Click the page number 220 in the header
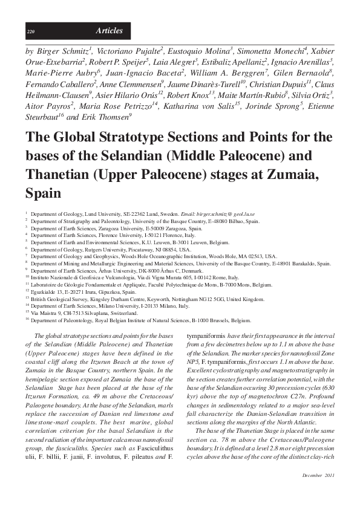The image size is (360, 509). coord(30,31)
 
